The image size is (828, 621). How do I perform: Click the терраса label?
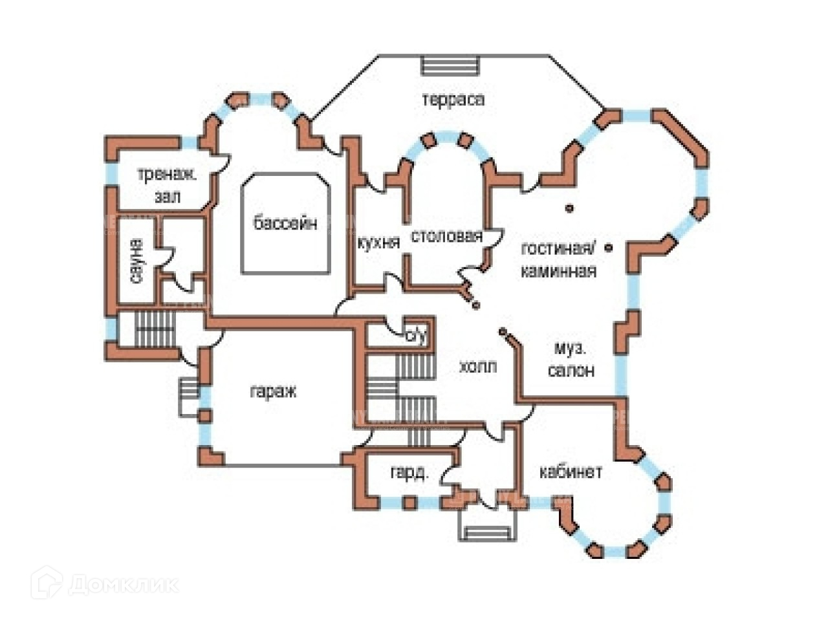coord(453,100)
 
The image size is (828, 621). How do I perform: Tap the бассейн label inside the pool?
coord(285,224)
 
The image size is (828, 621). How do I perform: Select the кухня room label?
coord(378,243)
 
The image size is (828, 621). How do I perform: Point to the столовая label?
coord(446,237)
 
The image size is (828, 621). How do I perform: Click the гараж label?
coord(272,391)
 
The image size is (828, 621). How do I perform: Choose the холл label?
coord(478,366)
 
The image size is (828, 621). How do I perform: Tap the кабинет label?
coord(571,472)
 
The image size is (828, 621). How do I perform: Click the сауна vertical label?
coord(136,261)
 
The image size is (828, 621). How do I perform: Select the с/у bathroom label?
coord(416,336)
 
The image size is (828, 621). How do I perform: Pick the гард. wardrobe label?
coord(409,474)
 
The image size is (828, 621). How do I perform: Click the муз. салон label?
coord(571,360)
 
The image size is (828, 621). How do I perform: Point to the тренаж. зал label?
coord(167,185)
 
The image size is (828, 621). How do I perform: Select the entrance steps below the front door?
coord(488,532)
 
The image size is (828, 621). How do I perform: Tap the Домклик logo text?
coord(123,585)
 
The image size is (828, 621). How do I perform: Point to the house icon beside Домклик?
coord(46,583)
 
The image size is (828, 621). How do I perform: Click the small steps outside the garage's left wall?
coord(189,396)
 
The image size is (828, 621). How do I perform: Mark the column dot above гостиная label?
coord(569,208)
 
